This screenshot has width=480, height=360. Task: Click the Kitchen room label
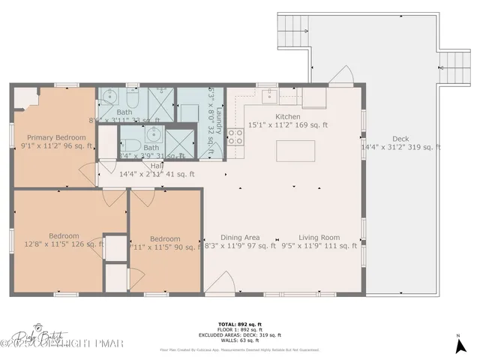coord(288,117)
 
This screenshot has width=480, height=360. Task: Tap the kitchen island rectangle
coord(293,151)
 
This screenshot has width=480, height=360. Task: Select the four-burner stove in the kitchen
coord(235,136)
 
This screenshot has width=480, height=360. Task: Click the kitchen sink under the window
coord(268,96)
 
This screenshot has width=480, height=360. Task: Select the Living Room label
coord(319,238)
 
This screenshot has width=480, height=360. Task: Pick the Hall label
coord(157,166)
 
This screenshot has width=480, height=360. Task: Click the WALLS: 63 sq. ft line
coord(240,340)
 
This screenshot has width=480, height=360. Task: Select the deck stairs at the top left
coord(292,31)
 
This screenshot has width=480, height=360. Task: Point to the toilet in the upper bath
coord(131,99)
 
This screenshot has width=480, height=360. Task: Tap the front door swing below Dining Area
coord(220,283)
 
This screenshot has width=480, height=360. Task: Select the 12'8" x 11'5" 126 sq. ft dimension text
coord(64,244)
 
